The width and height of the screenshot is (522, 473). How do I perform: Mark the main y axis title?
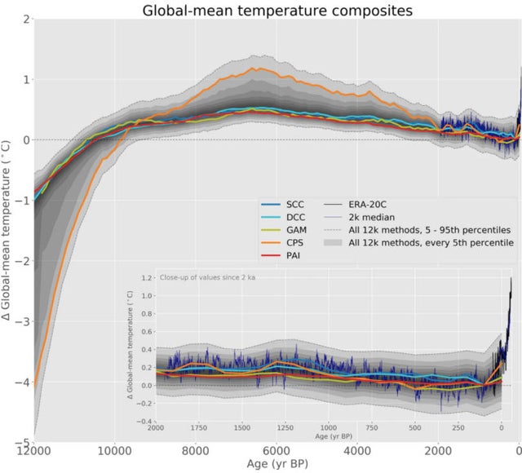tap(7, 228)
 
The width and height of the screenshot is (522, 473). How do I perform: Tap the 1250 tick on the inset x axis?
tap(284, 427)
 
